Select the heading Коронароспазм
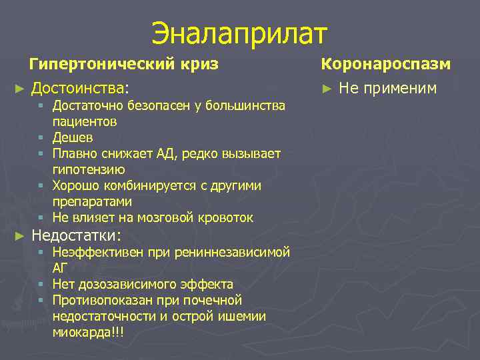click(386, 64)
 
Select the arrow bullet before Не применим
click(326, 88)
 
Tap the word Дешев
click(73, 137)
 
